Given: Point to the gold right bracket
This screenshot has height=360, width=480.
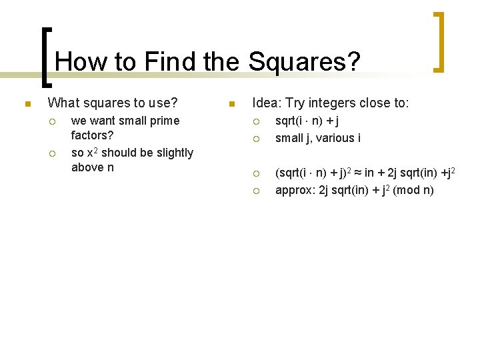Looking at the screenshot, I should click(x=439, y=41).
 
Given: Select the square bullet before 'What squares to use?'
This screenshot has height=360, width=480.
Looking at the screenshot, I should click(x=26, y=104).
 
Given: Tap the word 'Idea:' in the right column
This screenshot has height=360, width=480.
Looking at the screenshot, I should click(x=267, y=103).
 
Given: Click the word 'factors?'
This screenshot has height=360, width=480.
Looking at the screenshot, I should click(x=93, y=135).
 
